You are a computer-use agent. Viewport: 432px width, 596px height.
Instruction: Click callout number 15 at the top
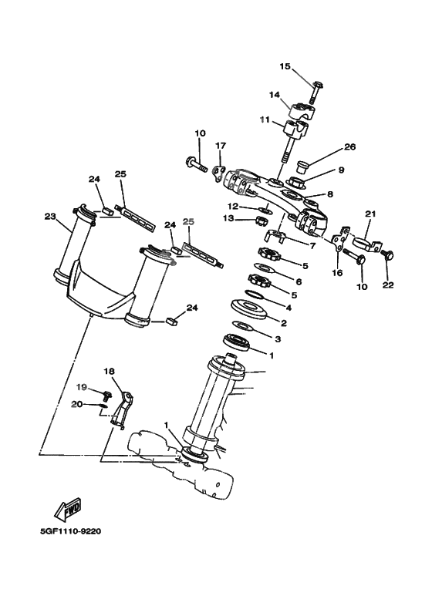click(285, 67)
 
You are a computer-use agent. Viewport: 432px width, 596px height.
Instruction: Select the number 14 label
click(274, 95)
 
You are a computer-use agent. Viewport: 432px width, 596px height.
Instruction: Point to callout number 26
click(349, 146)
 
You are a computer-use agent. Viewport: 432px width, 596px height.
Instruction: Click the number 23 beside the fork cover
click(51, 217)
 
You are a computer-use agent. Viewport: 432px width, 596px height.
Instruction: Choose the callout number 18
click(109, 371)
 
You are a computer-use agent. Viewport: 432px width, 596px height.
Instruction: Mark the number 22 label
click(387, 285)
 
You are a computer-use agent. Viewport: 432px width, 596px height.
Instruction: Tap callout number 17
click(221, 145)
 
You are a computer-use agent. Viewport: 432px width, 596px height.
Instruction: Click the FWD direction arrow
click(65, 511)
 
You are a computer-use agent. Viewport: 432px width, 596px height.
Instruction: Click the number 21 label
click(370, 214)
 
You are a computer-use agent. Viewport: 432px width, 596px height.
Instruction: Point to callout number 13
click(228, 219)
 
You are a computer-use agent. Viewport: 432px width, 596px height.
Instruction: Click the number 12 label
click(231, 206)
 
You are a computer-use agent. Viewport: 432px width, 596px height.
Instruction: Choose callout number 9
click(340, 170)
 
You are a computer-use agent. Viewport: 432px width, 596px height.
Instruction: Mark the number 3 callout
click(278, 338)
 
